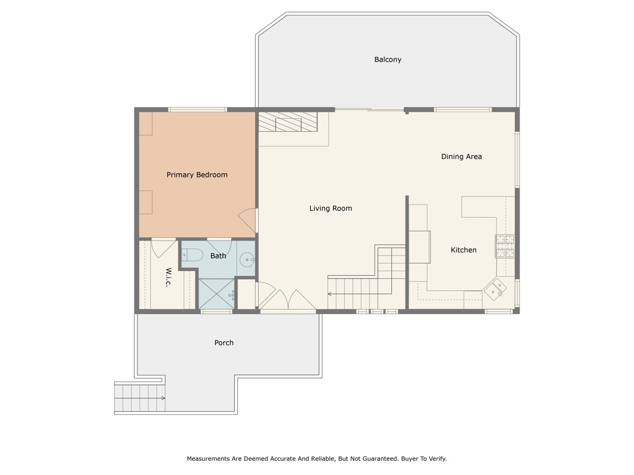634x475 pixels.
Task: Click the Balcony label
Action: coord(388,59)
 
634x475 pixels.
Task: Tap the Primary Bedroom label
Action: coord(197,175)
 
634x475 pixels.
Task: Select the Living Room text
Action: coord(331,208)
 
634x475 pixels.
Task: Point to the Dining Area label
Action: coord(461,156)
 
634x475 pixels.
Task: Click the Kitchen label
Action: coord(463,250)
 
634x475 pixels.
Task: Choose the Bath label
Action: coord(218,255)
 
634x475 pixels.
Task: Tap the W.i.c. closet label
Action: coord(168,276)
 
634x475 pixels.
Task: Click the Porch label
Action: coord(224,343)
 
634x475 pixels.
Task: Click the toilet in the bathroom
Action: coord(193,255)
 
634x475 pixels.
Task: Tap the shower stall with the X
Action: coord(215,294)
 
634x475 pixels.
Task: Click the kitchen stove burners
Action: coord(504,246)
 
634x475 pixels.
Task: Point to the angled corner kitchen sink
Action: coord(495,289)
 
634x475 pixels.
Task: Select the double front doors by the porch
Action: coord(287,301)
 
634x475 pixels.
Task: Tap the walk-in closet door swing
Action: coord(163,247)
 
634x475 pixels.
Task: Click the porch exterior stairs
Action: coord(140,398)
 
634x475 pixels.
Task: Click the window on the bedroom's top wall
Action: coord(198,110)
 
